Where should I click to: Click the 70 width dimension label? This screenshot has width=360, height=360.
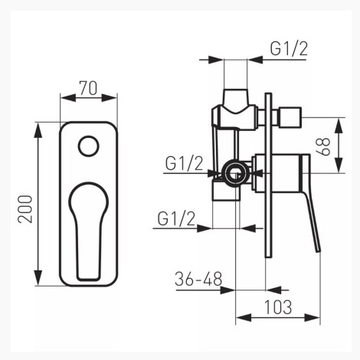[88, 88]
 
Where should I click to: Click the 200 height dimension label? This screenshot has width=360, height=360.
[25, 209]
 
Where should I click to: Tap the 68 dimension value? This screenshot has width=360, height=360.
[323, 146]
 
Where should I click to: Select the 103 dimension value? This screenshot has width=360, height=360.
[278, 307]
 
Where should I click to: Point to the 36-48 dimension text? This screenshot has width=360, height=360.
[198, 279]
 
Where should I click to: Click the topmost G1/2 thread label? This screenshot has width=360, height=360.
[289, 48]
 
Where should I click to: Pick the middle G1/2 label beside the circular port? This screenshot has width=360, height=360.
[184, 163]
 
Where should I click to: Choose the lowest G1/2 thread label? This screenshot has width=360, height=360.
[176, 218]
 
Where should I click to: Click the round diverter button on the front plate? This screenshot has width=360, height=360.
[88, 146]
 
